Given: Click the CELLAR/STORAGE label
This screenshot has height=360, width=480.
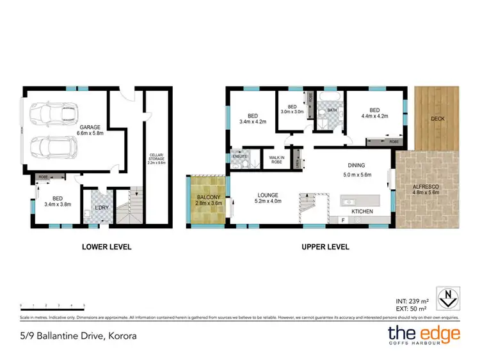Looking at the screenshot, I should pyautogui.click(x=154, y=157).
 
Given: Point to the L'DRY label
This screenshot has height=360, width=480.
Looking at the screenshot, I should pyautogui.click(x=102, y=208).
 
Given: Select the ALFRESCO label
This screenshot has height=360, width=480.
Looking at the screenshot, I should pyautogui.click(x=428, y=187).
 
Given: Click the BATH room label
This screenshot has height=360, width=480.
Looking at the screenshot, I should pyautogui.click(x=332, y=110).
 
